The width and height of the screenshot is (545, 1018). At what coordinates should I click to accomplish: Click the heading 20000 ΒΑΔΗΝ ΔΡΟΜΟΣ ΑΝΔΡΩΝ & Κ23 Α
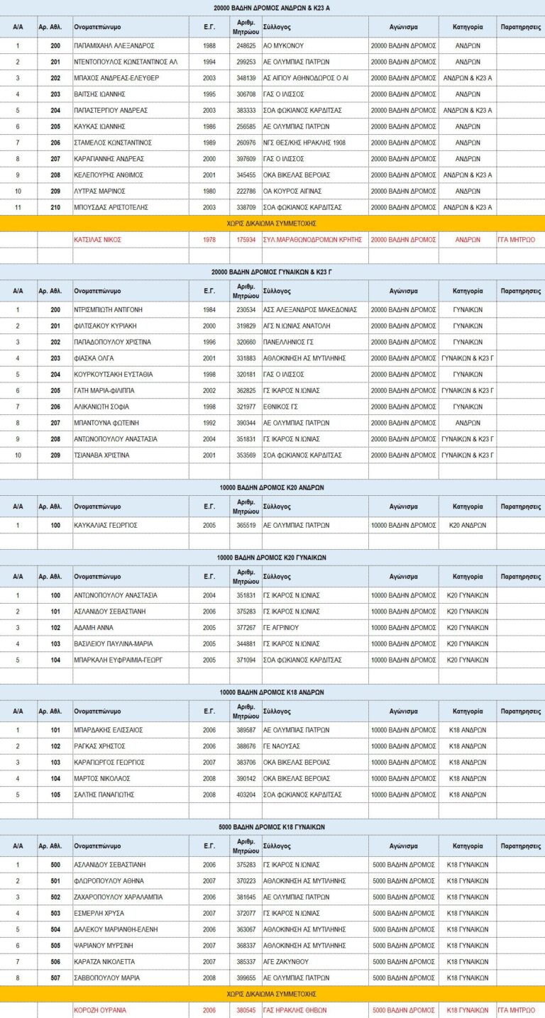(272, 8)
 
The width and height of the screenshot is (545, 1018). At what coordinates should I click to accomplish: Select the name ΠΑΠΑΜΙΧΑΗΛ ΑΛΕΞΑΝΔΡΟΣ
(114, 45)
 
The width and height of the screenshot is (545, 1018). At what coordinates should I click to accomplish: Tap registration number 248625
(246, 45)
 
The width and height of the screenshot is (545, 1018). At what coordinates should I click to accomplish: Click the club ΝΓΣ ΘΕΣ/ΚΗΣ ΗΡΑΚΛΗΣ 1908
(304, 143)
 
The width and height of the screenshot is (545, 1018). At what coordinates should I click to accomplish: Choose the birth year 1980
(209, 192)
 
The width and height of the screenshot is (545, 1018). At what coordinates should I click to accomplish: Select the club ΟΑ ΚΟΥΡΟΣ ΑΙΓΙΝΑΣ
(292, 192)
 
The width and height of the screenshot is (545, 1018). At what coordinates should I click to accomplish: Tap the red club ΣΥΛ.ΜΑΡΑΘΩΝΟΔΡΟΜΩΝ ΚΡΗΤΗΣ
(312, 240)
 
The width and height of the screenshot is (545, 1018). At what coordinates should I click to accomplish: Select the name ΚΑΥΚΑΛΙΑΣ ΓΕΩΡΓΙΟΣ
(106, 526)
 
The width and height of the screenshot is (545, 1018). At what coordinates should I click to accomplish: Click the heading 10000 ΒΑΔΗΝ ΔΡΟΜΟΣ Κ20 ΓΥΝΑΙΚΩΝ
(272, 558)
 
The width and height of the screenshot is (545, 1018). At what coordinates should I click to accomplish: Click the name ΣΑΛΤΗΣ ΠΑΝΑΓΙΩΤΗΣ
(104, 795)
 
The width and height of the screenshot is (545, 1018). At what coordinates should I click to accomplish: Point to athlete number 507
(55, 978)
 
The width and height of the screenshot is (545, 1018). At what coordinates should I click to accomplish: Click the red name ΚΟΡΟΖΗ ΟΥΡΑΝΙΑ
(100, 1010)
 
